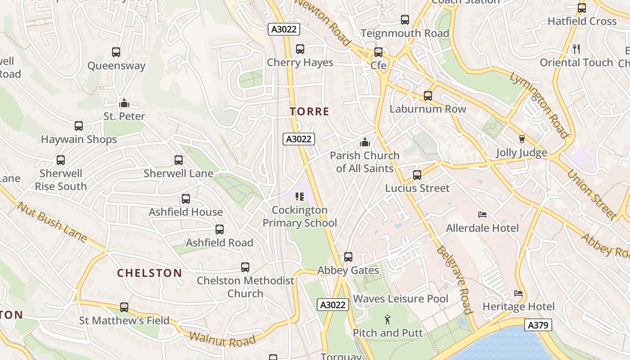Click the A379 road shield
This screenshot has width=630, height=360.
538,325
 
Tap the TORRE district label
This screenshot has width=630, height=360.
310,112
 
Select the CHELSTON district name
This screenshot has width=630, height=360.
149,273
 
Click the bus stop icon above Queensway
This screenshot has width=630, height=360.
116,52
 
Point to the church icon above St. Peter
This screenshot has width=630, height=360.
124,103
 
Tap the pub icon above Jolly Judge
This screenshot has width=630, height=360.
522,139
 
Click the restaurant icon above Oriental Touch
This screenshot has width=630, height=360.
576,49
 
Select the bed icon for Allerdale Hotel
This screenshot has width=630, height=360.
482,214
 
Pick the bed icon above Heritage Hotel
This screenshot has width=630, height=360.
518,293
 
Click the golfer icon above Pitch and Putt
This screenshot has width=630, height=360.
387,320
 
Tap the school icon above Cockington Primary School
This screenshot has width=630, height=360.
299,197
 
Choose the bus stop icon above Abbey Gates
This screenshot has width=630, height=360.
348,257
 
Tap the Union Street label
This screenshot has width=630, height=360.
591,193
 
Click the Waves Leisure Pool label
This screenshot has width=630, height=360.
400,299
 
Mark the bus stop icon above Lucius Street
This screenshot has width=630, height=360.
417,175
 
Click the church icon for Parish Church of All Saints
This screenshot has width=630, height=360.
365,143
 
